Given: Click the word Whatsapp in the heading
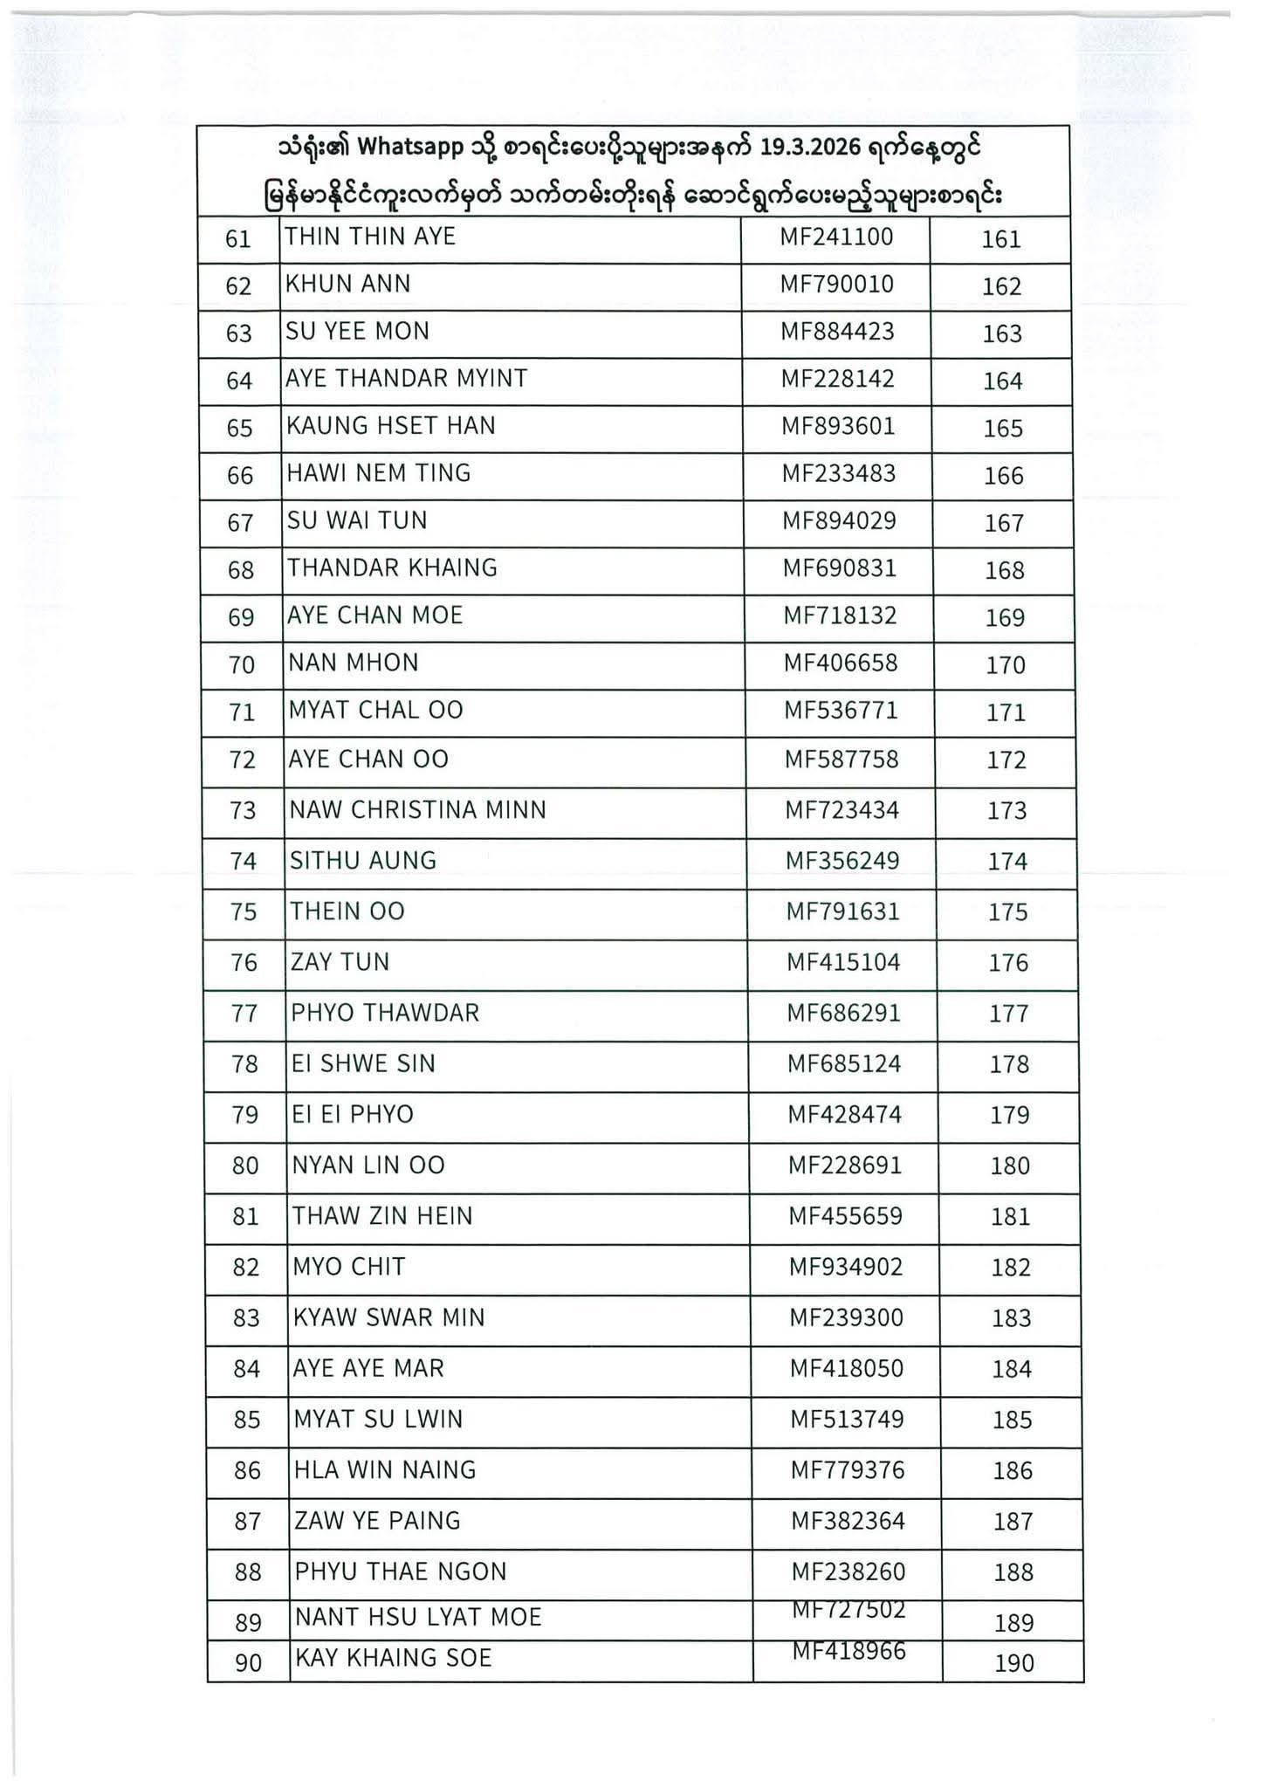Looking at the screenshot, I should pos(410,148).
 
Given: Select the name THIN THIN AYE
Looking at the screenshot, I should pos(370,237).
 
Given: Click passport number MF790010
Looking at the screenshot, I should pos(836,284).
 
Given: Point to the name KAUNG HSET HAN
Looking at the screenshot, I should pos(391,425).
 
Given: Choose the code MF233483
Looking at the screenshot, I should pos(838,473).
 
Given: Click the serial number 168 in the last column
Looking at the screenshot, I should pos(1004,570).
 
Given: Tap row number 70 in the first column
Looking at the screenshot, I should pos(242,665).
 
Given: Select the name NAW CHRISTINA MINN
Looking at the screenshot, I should pos(418,810).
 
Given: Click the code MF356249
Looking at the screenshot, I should pos(842,861).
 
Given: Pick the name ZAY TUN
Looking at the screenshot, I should pos(340,962).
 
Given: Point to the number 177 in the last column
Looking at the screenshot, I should pos(1009,1014).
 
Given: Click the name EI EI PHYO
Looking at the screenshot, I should pos(353,1115).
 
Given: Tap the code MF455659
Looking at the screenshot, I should pos(845,1216).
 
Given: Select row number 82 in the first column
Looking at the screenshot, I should pos(246,1268).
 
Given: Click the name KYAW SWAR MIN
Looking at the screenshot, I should pos(388,1317).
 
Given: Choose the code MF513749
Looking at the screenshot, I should pos(847,1420).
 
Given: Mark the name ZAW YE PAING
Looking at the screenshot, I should pos(377,1521).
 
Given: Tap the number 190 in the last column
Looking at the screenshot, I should pos(1014,1663).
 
